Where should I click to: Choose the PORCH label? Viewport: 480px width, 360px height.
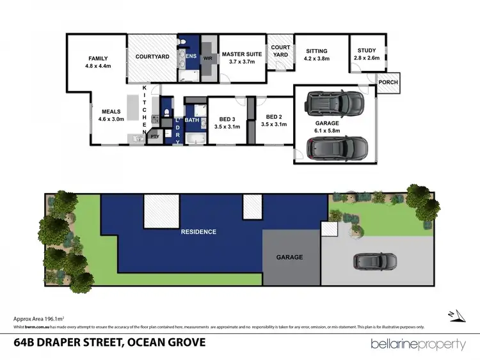click(x=388, y=82)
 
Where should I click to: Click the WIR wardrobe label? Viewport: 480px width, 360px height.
click(x=207, y=58)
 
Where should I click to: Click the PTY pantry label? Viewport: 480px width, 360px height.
click(x=154, y=136)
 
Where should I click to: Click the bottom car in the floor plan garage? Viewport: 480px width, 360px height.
click(x=337, y=148)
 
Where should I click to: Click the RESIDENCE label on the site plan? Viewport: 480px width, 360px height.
click(x=198, y=231)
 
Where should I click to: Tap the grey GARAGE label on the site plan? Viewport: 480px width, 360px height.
click(x=289, y=258)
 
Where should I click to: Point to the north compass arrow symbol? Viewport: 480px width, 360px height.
click(x=456, y=314)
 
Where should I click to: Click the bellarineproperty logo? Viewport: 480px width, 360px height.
click(x=419, y=344)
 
